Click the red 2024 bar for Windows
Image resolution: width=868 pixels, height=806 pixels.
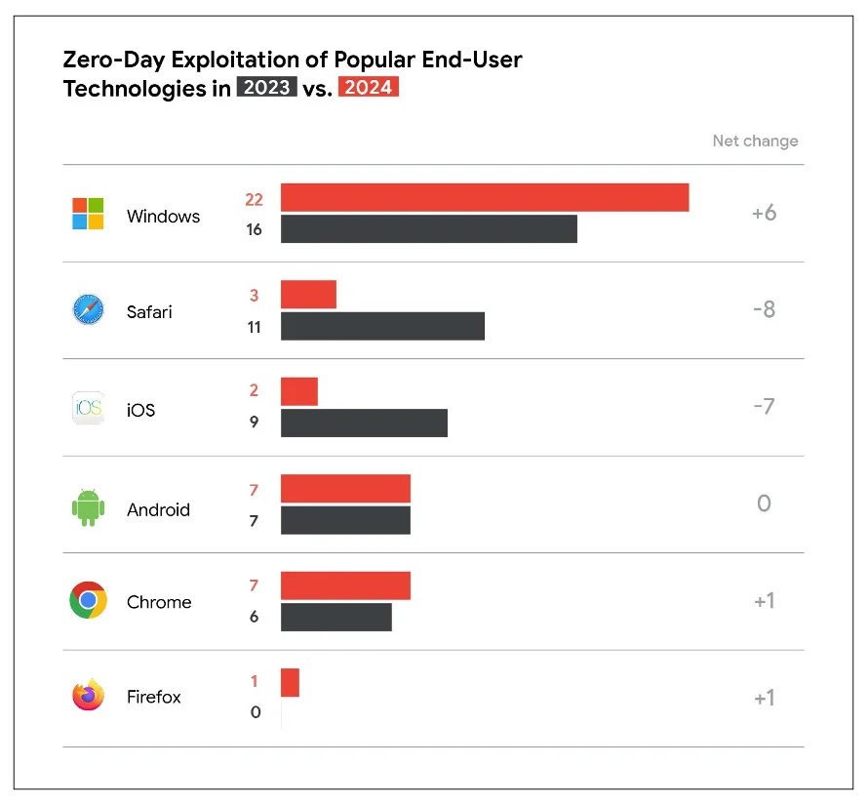[x=485, y=197]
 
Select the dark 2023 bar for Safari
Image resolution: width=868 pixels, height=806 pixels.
[x=382, y=327]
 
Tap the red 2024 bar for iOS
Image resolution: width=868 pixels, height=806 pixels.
[x=299, y=391]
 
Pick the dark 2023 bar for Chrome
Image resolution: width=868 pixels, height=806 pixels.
[x=336, y=617]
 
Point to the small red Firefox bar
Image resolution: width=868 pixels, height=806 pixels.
[x=290, y=682]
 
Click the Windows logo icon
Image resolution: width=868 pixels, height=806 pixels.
[x=88, y=214]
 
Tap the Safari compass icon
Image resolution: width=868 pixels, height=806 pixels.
[x=88, y=311]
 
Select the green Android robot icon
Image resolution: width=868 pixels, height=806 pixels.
[x=88, y=507]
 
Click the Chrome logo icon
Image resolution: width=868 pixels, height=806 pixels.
[x=88, y=600]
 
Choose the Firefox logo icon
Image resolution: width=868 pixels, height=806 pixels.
[x=88, y=696]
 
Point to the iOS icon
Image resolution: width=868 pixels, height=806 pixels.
[x=88, y=408]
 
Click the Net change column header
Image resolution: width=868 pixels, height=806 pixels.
[x=755, y=141]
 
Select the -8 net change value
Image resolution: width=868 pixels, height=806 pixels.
[x=764, y=309]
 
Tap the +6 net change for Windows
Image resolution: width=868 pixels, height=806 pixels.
[x=764, y=213]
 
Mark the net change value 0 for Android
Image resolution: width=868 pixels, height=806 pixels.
[x=764, y=504]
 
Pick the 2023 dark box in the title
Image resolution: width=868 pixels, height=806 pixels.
[x=266, y=88]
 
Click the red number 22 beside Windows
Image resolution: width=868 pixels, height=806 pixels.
[x=255, y=199]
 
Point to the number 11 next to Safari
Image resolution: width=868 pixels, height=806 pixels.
[x=255, y=328]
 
